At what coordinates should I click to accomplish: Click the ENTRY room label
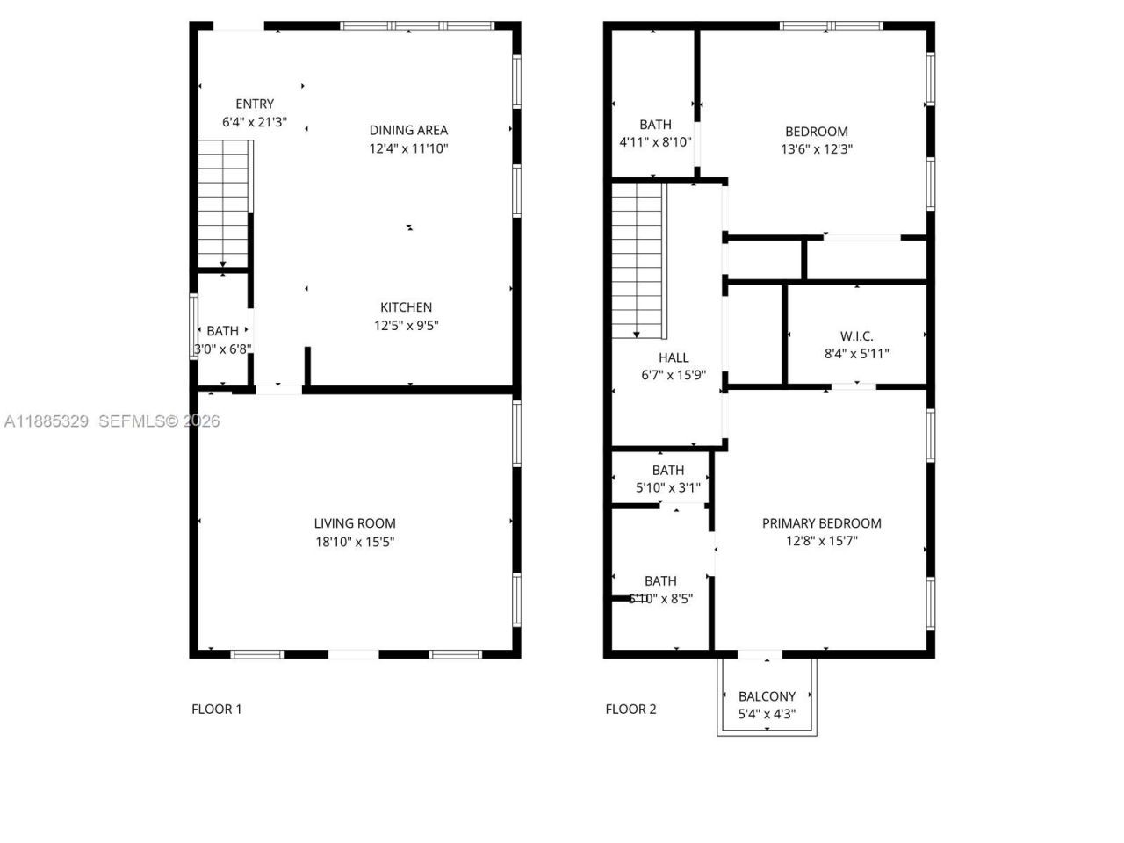click(x=255, y=104)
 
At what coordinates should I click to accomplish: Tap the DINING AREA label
click(x=408, y=130)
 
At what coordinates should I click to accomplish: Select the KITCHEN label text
click(x=406, y=307)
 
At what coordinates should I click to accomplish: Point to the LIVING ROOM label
click(x=355, y=523)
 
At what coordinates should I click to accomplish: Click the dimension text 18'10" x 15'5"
click(x=355, y=542)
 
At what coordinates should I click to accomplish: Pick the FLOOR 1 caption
click(x=216, y=709)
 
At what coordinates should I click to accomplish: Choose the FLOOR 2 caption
click(x=630, y=709)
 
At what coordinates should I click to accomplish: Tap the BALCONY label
click(x=767, y=696)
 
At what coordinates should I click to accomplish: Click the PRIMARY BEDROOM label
click(x=821, y=523)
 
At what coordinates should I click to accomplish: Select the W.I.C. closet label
click(x=856, y=335)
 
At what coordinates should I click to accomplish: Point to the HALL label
click(x=674, y=357)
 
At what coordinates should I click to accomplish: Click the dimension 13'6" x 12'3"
click(x=817, y=149)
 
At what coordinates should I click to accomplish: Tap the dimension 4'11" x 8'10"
click(x=655, y=142)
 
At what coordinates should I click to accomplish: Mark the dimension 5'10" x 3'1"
click(x=668, y=487)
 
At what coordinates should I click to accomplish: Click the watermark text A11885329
click(x=47, y=421)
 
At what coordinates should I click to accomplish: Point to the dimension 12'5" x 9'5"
click(x=406, y=326)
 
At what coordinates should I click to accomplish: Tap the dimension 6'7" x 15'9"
click(x=674, y=376)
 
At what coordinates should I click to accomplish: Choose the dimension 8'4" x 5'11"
click(x=856, y=354)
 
